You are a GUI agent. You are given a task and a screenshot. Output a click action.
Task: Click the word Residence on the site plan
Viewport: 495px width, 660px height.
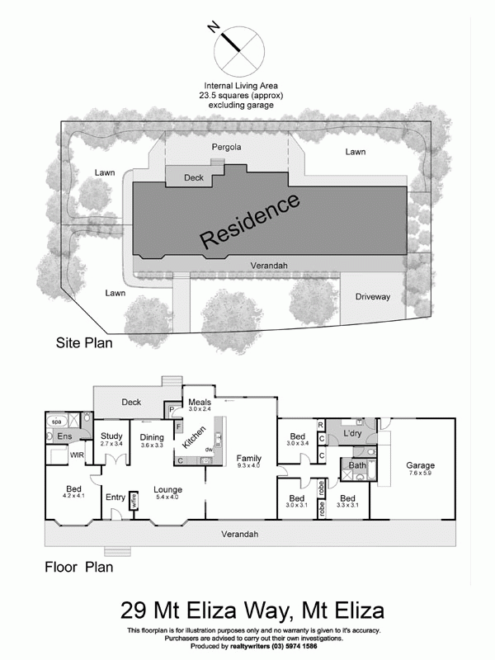tap(250, 220)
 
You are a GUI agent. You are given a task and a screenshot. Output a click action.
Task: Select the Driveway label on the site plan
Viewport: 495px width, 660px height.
tap(372, 296)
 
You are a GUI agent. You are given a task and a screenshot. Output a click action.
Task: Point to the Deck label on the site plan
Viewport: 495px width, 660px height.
tap(193, 177)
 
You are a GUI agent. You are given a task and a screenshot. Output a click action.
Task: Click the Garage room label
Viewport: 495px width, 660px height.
tap(420, 465)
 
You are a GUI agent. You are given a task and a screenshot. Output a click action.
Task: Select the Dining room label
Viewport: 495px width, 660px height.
tap(152, 436)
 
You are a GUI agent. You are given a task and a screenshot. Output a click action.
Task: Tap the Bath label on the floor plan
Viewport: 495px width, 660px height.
tap(357, 465)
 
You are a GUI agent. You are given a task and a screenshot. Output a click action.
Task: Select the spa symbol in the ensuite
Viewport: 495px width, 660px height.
tap(56, 419)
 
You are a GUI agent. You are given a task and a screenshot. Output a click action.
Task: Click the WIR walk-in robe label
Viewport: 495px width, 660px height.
tap(78, 455)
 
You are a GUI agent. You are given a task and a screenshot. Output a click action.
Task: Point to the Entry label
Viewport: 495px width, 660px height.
tap(115, 497)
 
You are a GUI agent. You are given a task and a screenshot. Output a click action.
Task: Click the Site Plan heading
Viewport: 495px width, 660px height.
tap(83, 340)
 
